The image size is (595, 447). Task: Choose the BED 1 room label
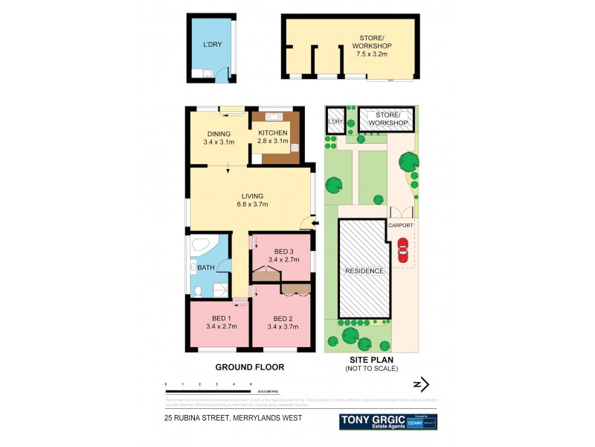(219, 320)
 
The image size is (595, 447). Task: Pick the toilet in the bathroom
(199, 290)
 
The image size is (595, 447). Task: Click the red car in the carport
(403, 251)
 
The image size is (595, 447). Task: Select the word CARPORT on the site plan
(401, 223)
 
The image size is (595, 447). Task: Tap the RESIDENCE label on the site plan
(364, 270)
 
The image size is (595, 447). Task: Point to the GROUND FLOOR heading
(249, 367)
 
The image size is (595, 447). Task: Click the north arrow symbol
(421, 385)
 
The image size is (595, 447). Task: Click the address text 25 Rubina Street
(234, 419)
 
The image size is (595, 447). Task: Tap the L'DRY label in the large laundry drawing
(213, 45)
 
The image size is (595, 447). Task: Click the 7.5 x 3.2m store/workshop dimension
(372, 54)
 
